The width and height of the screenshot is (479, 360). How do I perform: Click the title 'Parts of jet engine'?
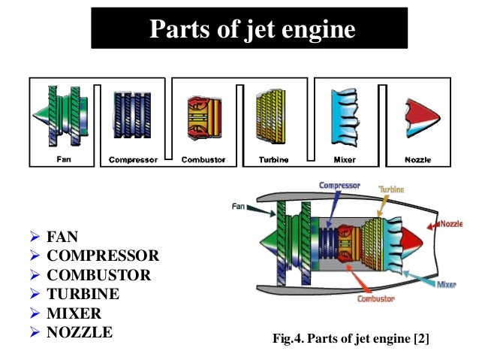pos(252,29)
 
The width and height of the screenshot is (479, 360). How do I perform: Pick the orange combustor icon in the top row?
pos(203,117)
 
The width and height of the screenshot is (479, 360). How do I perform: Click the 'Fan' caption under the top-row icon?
pos(64,159)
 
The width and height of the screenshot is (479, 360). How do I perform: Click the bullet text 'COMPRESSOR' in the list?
pos(103,256)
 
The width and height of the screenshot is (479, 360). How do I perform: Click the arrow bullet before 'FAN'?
pos(35,237)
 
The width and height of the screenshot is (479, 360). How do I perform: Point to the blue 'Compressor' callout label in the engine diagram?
pos(339,184)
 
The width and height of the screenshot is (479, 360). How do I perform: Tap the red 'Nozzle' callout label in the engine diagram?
pos(450,223)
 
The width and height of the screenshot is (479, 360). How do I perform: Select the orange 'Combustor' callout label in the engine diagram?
pos(376,299)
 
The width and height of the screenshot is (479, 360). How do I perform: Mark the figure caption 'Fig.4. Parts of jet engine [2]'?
pos(351,340)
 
